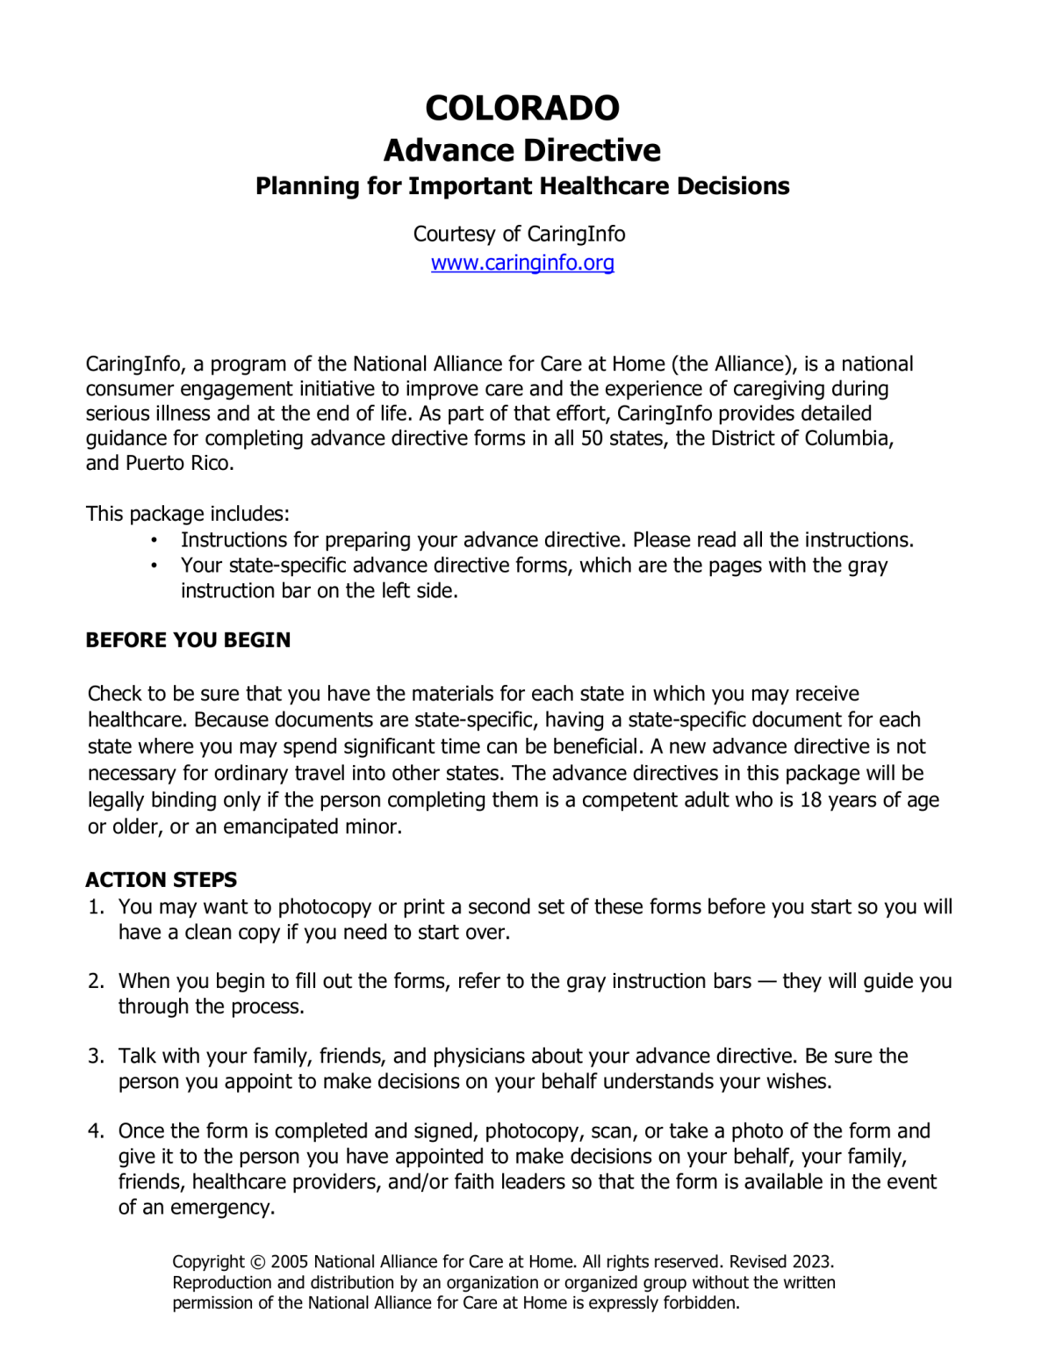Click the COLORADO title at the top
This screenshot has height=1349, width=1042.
(521, 108)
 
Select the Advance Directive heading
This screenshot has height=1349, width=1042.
(521, 150)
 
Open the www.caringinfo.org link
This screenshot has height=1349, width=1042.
(521, 263)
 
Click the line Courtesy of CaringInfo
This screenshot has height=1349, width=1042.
(519, 234)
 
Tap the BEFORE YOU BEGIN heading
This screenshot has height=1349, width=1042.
(188, 639)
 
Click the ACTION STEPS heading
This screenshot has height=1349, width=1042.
(162, 879)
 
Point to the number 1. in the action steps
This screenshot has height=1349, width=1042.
(96, 906)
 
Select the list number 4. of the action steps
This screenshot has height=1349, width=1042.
(96, 1130)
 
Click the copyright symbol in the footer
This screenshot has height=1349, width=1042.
(256, 1262)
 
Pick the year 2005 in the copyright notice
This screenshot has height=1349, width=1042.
(289, 1262)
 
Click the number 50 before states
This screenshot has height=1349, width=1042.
(592, 438)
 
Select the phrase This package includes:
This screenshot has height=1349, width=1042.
(187, 513)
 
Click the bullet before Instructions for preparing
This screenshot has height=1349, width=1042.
(154, 540)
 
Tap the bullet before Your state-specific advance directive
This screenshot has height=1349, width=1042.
(154, 566)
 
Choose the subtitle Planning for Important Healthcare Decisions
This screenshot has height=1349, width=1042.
(521, 186)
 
